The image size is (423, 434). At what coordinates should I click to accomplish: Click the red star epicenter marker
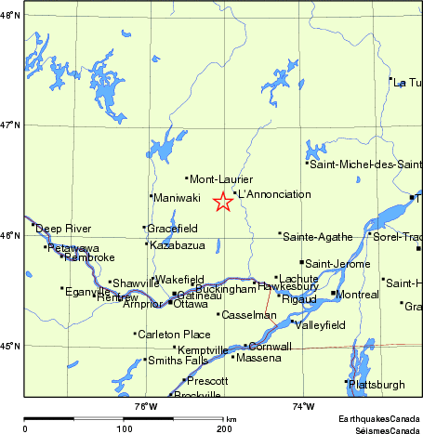pyautogui.click(x=223, y=202)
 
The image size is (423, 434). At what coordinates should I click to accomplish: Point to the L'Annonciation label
pyautogui.click(x=274, y=194)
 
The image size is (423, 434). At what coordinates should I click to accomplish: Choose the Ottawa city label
pyautogui.click(x=191, y=304)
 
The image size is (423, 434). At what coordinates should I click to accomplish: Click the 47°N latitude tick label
pyautogui.click(x=9, y=124)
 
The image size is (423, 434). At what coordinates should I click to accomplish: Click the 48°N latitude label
pyautogui.click(x=9, y=14)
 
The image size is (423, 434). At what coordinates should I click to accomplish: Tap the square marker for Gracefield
pyautogui.click(x=144, y=228)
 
